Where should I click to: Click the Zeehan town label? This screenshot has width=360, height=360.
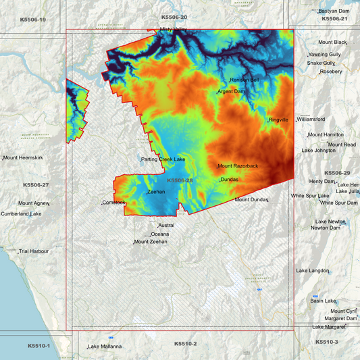pyautogui.click(x=156, y=192)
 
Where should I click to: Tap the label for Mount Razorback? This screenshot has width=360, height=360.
pyautogui.click(x=238, y=166)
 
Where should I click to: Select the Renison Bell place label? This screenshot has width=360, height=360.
pyautogui.click(x=245, y=80)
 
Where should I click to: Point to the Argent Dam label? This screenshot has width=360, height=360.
pyautogui.click(x=232, y=91)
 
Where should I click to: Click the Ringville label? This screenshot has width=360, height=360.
pyautogui.click(x=278, y=120)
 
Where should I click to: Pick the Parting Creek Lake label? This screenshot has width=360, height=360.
pyautogui.click(x=163, y=159)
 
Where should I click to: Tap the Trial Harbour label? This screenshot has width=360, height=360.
pyautogui.click(x=34, y=251)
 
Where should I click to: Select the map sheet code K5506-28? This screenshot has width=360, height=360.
pyautogui.click(x=180, y=180)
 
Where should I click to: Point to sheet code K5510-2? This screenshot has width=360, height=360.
pyautogui.click(x=185, y=344)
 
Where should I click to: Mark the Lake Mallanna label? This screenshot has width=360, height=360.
pyautogui.click(x=105, y=347)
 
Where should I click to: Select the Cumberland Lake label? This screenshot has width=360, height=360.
pyautogui.click(x=21, y=214)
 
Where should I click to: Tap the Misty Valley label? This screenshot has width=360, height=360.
pyautogui.click(x=173, y=30)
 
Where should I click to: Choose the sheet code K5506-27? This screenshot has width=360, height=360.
pyautogui.click(x=36, y=184)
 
